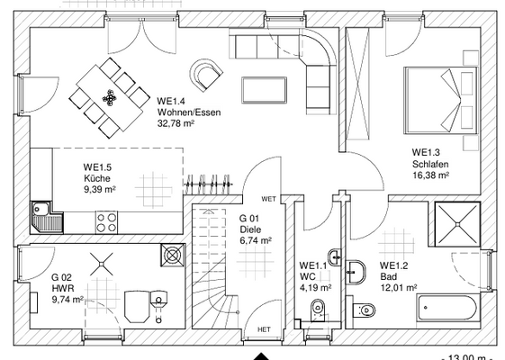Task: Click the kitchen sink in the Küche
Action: (x=47, y=218)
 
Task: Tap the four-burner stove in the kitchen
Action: (x=106, y=222)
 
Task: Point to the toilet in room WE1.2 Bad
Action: (x=365, y=310)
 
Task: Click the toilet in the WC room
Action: (x=318, y=310)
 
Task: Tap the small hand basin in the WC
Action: (x=335, y=257)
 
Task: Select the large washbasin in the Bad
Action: (x=356, y=272)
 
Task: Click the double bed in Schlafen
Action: (x=440, y=100)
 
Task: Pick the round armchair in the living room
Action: (x=206, y=75)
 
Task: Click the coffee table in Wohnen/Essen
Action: (x=264, y=90)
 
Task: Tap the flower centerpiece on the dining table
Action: (x=110, y=97)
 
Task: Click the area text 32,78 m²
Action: (x=176, y=123)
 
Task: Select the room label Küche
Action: (x=97, y=178)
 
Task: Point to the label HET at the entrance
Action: (x=264, y=329)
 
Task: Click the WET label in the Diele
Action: (x=268, y=199)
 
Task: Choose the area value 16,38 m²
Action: (x=431, y=175)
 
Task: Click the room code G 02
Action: (x=61, y=277)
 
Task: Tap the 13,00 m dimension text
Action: (x=466, y=357)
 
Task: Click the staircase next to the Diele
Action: (x=210, y=268)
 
